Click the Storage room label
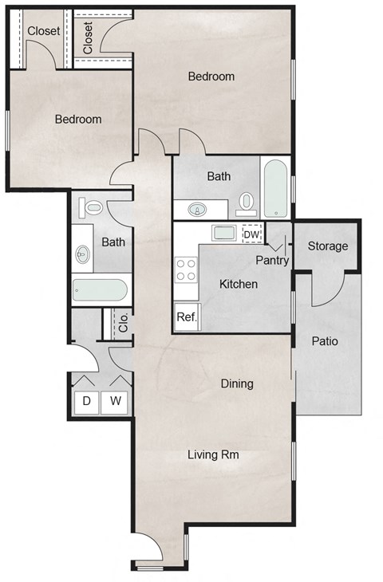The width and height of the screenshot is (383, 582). (x=328, y=246)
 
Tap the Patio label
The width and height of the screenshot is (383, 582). (x=325, y=341)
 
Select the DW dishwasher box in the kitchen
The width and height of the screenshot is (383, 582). (x=251, y=234)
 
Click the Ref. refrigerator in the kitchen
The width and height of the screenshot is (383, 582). (x=187, y=317)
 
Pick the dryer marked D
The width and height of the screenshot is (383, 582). (x=86, y=401)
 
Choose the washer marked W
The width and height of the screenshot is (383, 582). (x=116, y=401)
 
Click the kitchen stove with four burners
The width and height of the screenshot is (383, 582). (x=187, y=269)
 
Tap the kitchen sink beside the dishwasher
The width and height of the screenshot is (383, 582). (x=223, y=234)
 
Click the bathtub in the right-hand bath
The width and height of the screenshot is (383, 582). (x=275, y=188)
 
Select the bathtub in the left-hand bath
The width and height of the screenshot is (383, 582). (x=99, y=289)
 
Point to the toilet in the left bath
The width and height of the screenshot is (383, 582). (x=93, y=208)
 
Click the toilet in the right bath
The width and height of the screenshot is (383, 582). (x=247, y=203)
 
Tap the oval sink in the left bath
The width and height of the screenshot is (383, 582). (x=83, y=255)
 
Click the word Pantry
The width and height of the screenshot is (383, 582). (x=271, y=260)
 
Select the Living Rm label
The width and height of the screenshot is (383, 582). (x=214, y=455)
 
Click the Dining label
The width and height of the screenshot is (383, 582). (x=236, y=383)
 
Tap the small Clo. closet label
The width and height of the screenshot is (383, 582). (x=124, y=323)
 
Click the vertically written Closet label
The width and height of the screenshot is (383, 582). (x=87, y=37)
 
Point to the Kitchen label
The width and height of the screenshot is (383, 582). (x=238, y=284)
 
